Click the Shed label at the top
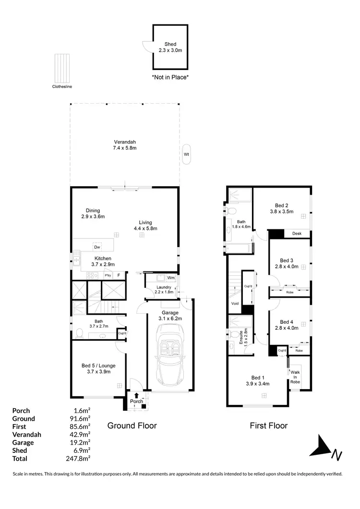(170, 47)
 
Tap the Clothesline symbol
(62, 68)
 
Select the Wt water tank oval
(186, 154)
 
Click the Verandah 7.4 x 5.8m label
(125, 145)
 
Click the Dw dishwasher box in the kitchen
(97, 247)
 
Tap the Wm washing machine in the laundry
(170, 278)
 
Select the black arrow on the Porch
(136, 395)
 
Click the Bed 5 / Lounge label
(98, 369)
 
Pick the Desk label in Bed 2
(297, 234)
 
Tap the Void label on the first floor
(235, 304)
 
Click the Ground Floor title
(132, 426)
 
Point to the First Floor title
(268, 426)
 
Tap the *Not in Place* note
(170, 77)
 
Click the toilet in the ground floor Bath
(79, 333)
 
